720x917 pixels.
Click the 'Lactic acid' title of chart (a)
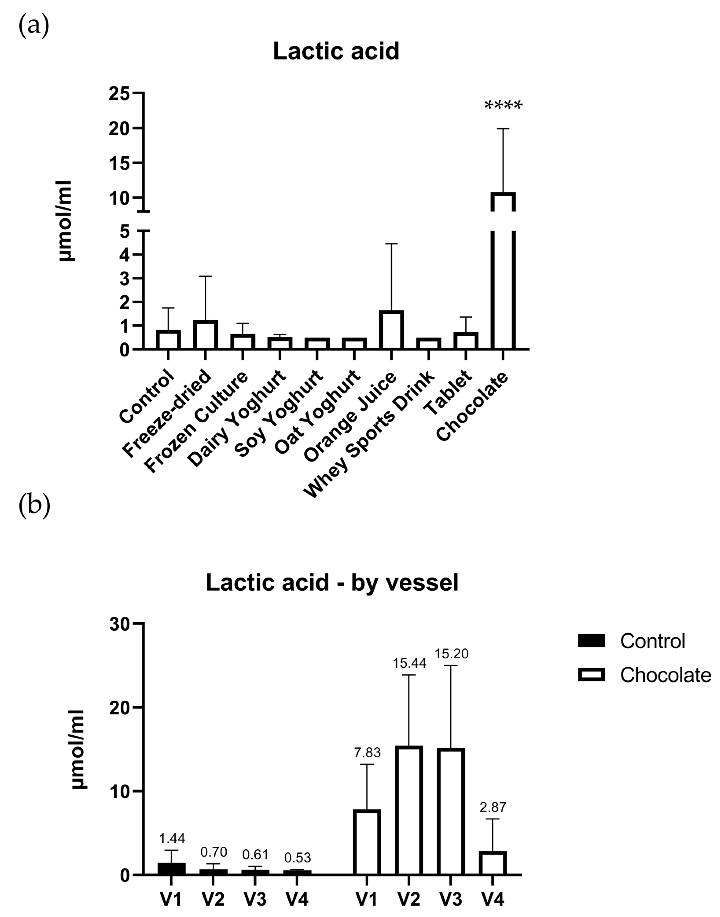pos(336,51)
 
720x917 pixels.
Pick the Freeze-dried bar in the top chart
pos(205,335)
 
